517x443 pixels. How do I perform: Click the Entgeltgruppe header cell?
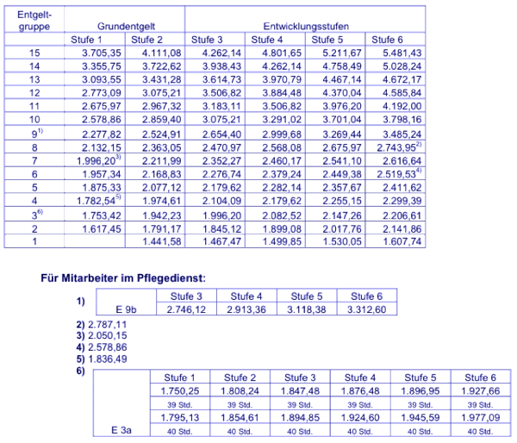tap(34, 21)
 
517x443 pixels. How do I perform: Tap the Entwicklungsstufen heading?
tap(306, 28)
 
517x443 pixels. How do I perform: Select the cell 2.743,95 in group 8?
tap(397, 147)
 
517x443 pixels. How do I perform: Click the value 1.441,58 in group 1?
tap(154, 242)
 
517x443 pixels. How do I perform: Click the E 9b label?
tap(128, 308)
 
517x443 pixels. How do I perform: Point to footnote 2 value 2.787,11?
tap(103, 323)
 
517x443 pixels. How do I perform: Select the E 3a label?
tap(123, 428)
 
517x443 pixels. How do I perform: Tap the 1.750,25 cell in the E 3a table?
tap(180, 390)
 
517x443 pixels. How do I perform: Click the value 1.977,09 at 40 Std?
tap(483, 416)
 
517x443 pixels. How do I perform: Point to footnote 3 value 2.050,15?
tap(103, 334)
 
